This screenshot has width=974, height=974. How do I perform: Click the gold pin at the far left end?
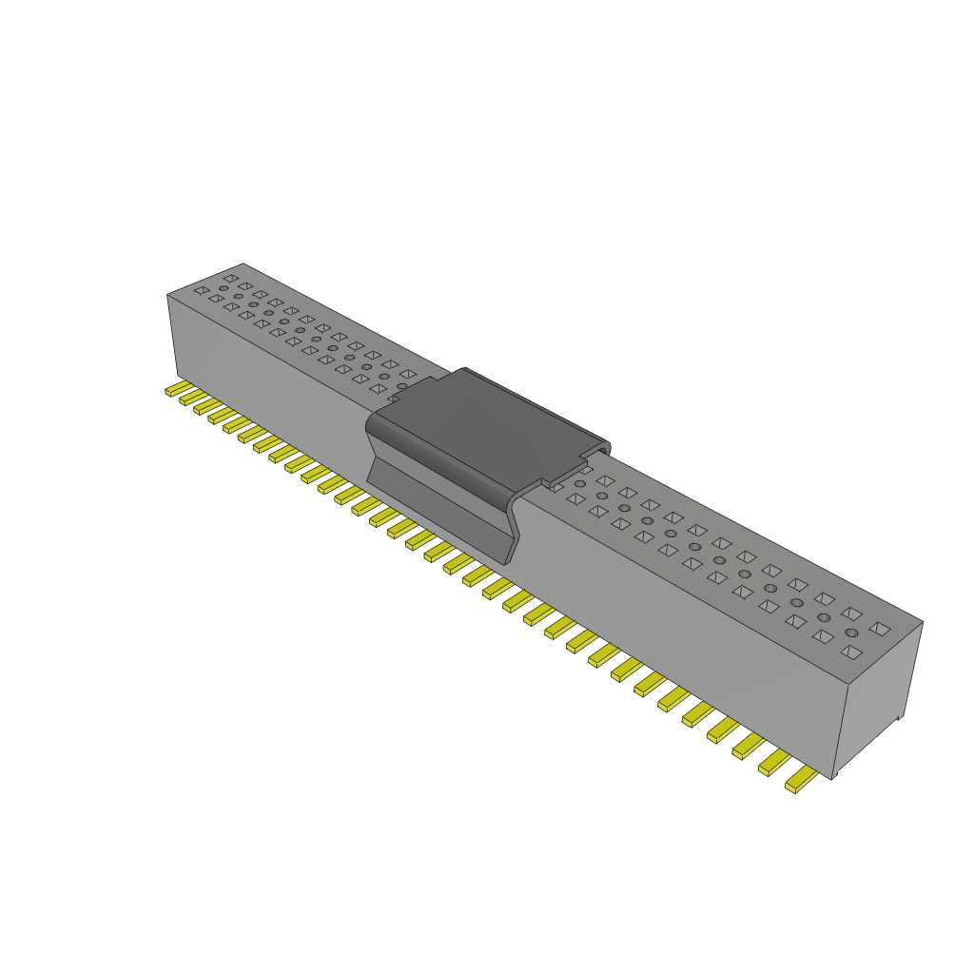pyautogui.click(x=173, y=390)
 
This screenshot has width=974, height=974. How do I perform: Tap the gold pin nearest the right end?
pyautogui.click(x=801, y=781)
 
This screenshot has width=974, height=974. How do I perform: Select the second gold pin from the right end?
pyautogui.click(x=774, y=764)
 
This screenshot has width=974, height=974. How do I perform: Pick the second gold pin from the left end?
pyautogui.click(x=188, y=399)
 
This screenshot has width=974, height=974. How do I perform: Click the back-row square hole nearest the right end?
pyautogui.click(x=882, y=628)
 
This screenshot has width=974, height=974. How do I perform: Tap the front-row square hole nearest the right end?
pyautogui.click(x=852, y=653)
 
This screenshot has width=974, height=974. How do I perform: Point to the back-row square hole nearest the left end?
pyautogui.click(x=230, y=278)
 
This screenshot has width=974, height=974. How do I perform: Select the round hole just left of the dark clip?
pyautogui.click(x=401, y=387)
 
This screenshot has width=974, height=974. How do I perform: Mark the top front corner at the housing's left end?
pyautogui.click(x=167, y=295)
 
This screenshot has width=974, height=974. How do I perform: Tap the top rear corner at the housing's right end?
pyautogui.click(x=923, y=622)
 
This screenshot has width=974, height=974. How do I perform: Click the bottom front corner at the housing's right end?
pyautogui.click(x=834, y=779)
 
